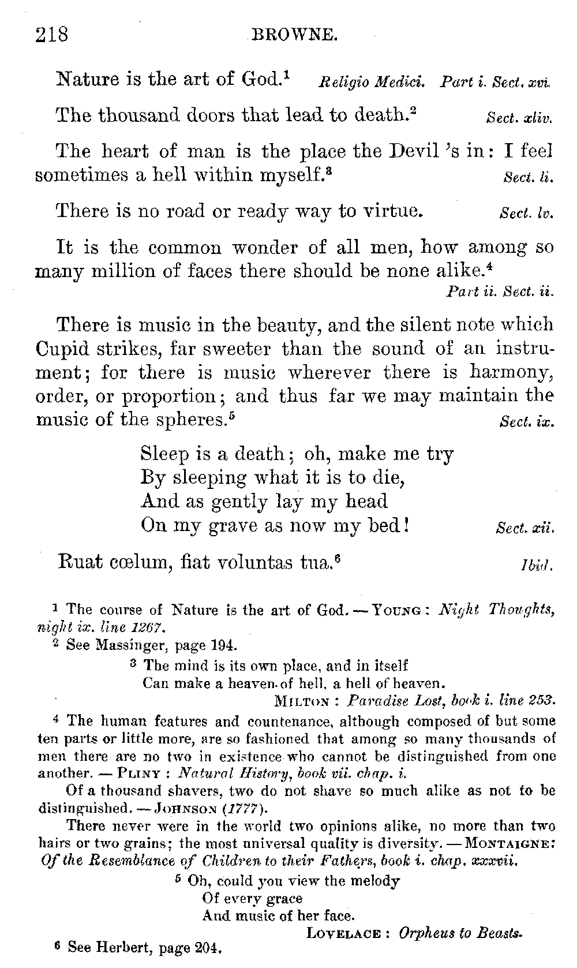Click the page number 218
(x=52, y=35)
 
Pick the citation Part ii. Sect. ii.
(x=500, y=292)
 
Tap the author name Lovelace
(x=343, y=933)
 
